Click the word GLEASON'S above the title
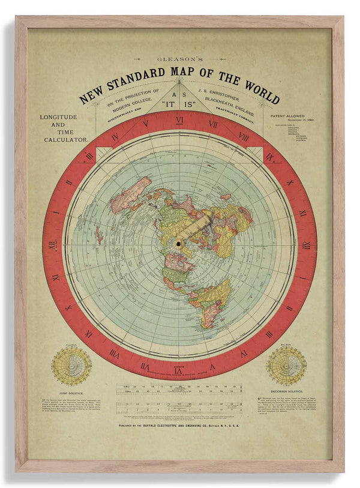coord(179,60)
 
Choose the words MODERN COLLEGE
coord(129,104)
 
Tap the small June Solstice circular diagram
coord(72,366)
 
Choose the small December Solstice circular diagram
coord(286,366)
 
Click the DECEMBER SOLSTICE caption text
coord(287,390)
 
